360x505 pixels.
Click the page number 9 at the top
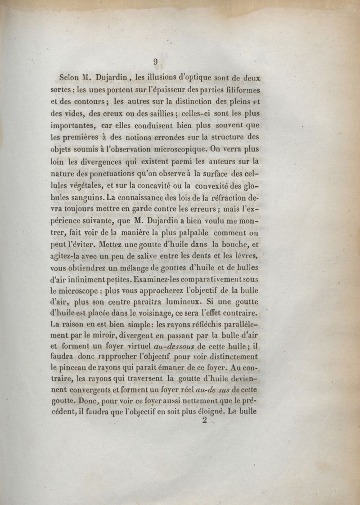(x=155, y=62)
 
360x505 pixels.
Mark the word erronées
(x=175, y=137)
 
